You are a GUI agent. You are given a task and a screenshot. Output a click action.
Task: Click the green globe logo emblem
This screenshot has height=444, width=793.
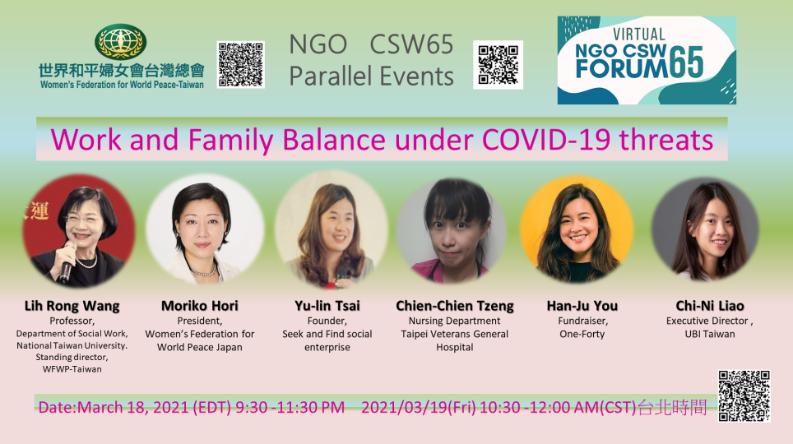(120, 42)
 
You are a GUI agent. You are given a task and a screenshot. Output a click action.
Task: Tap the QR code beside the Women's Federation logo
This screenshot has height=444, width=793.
(241, 65)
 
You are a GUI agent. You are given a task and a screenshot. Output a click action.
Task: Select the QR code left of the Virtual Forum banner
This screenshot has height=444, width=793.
(499, 65)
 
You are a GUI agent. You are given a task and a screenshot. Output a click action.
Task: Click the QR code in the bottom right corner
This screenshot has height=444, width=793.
(744, 396)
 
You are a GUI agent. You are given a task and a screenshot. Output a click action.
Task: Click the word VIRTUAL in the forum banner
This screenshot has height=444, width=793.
(638, 35)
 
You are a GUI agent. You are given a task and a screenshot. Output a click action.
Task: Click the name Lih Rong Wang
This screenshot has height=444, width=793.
(72, 306)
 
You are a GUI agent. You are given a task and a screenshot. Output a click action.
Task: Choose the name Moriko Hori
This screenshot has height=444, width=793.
(200, 306)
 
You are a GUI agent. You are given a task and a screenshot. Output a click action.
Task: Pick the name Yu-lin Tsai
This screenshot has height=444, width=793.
(327, 306)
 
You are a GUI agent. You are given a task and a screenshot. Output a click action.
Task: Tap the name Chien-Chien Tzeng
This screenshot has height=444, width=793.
(455, 306)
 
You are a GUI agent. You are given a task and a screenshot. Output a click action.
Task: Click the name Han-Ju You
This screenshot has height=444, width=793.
(582, 306)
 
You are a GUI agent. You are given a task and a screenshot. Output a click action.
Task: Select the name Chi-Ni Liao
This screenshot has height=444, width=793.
(710, 306)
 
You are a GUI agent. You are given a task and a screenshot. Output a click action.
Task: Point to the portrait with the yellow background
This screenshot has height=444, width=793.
(577, 229)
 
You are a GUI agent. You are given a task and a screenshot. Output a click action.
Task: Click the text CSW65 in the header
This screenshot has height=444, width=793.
(411, 44)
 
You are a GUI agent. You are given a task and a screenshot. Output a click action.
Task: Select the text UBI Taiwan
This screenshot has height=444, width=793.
(710, 334)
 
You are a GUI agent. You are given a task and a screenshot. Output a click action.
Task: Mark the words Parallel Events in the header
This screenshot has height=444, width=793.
(371, 76)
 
